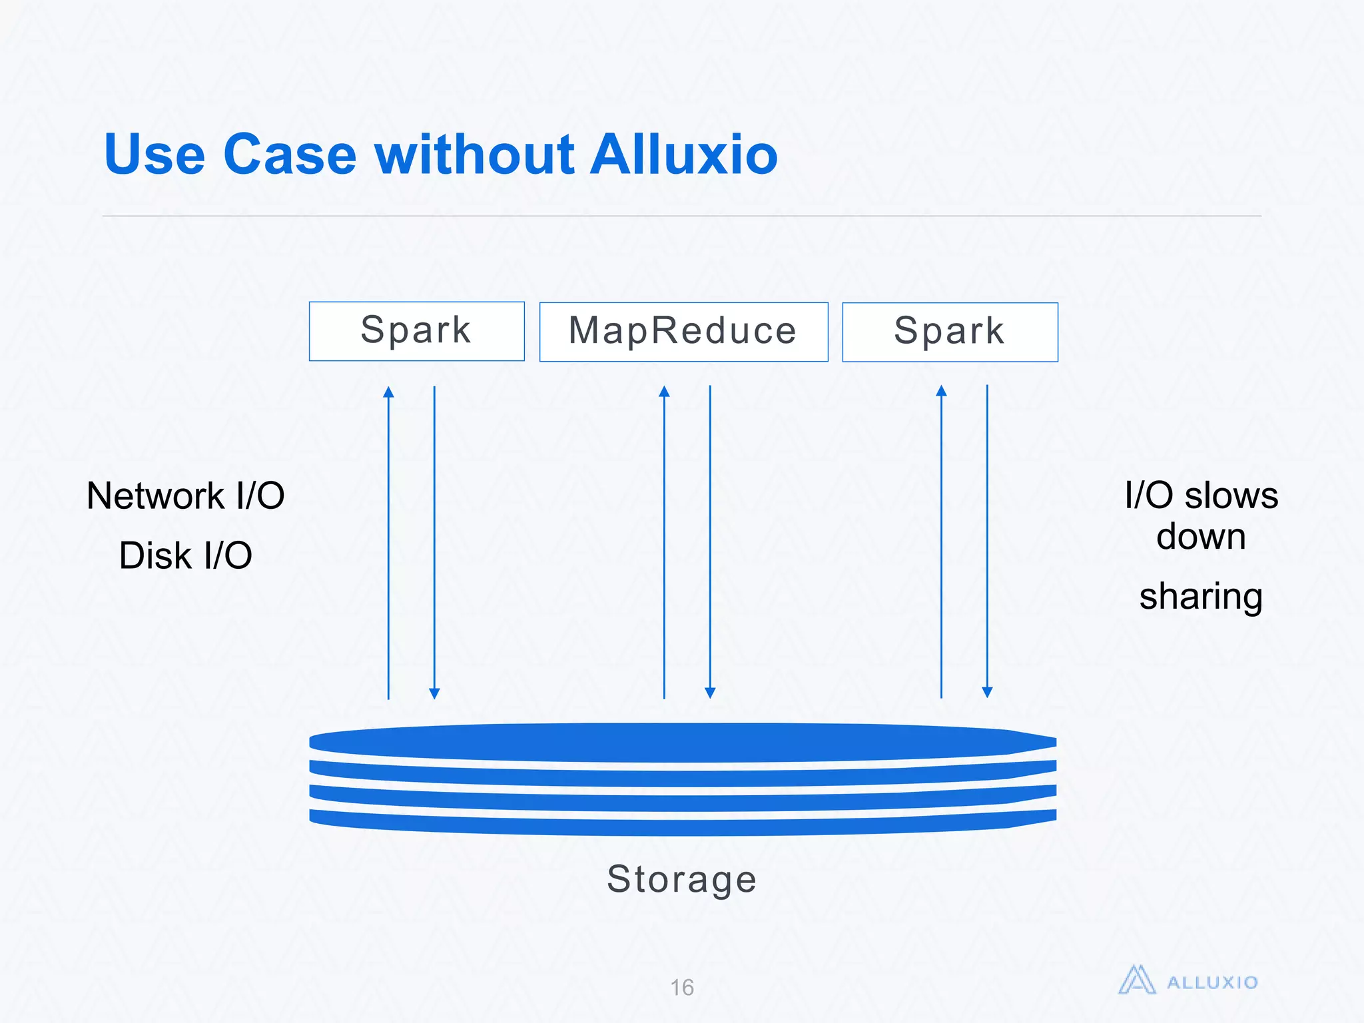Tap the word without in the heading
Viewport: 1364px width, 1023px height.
474,155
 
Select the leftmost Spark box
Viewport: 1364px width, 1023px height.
416,331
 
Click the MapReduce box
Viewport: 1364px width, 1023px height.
683,332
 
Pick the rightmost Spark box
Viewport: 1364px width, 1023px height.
950,332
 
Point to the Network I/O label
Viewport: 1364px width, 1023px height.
186,496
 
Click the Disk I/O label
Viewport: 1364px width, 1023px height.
186,555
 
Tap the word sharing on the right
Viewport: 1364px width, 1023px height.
1201,596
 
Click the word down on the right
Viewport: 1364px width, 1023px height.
1201,536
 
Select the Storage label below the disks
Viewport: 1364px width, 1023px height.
682,879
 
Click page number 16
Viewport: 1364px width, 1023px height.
682,987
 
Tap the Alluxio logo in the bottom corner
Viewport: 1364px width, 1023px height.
1188,981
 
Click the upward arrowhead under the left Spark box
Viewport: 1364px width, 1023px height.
389,392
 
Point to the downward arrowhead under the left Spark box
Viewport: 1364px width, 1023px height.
434,693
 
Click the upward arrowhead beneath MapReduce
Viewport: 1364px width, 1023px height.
664,392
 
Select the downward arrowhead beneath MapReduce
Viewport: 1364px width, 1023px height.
710,693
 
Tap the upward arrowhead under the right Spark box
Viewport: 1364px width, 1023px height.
941,391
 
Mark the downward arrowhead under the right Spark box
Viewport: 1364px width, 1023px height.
987,692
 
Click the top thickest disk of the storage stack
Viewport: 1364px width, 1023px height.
682,743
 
